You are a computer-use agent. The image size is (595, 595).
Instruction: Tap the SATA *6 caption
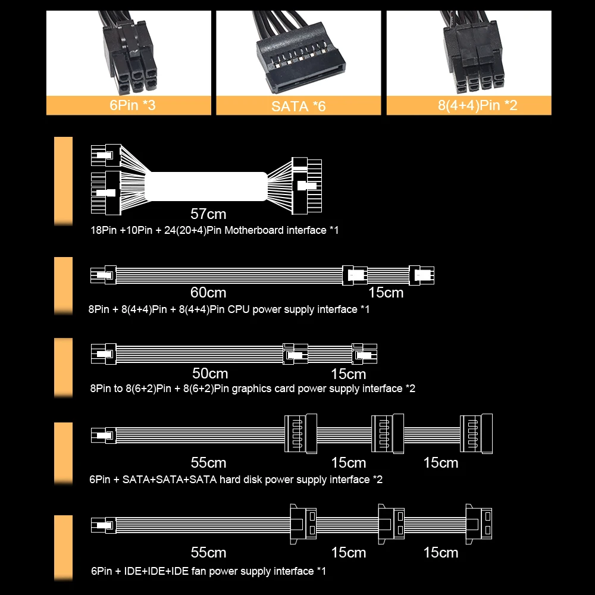(298, 107)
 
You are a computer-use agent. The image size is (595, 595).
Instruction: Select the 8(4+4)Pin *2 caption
(469, 106)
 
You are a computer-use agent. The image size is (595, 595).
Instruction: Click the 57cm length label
(208, 214)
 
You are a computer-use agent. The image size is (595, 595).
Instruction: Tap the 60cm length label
(208, 292)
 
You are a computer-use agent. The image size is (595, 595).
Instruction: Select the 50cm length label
(210, 374)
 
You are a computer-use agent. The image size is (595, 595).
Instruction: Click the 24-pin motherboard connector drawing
(306, 185)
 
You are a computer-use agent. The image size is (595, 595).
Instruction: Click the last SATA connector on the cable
(476, 434)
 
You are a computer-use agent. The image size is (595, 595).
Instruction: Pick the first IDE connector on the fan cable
(303, 522)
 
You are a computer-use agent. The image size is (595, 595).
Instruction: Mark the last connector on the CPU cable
(422, 275)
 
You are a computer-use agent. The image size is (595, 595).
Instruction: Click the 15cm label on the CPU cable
(386, 292)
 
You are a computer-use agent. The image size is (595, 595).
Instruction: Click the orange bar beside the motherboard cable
(63, 181)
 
